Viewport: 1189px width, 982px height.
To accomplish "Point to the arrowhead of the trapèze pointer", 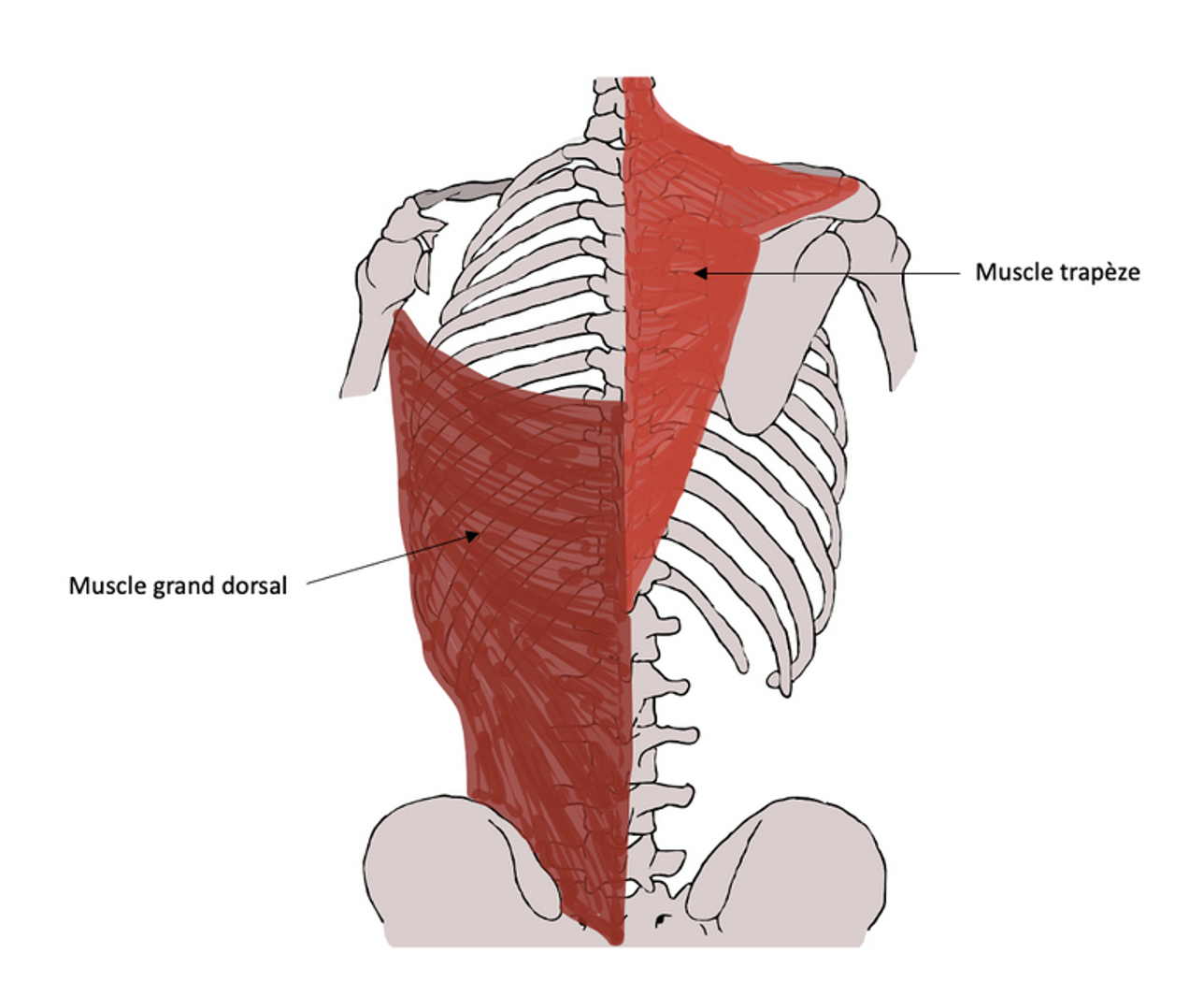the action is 698,273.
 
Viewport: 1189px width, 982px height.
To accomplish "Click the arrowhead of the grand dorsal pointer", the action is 474,534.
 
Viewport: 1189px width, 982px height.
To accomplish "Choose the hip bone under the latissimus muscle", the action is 439,870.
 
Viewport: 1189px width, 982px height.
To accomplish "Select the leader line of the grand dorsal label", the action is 383,560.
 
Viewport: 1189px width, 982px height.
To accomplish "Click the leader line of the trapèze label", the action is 841,273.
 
